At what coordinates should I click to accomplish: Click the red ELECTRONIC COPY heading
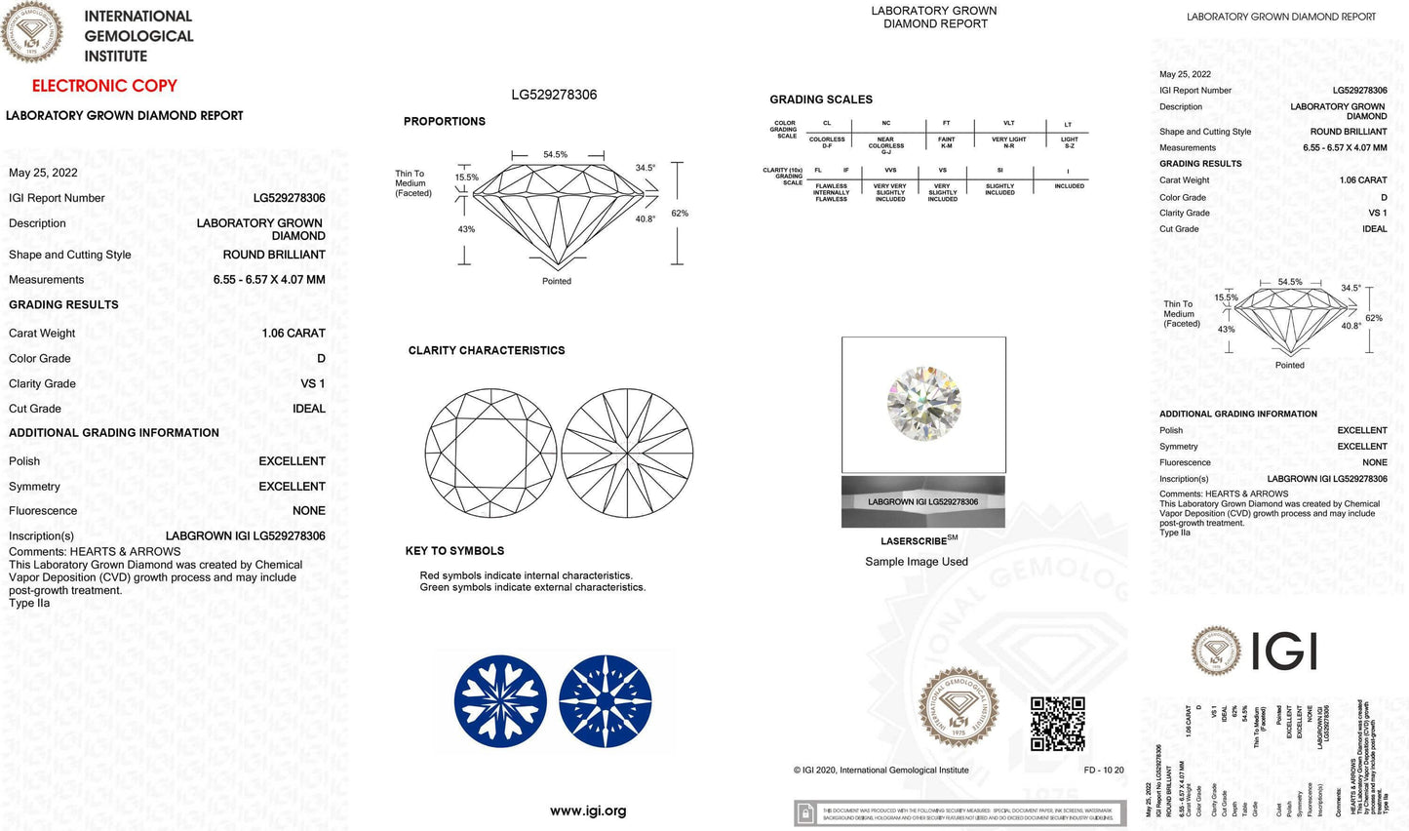pos(104,86)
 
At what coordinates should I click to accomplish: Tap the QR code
pos(1058,724)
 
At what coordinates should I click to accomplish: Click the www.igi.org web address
pos(588,811)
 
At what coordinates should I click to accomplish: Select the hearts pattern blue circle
pos(500,701)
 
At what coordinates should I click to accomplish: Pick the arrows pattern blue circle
pos(606,701)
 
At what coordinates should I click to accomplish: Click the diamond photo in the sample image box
pos(923,403)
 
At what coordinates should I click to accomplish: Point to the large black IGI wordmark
pos(1284,652)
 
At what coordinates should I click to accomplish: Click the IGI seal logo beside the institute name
pos(32,32)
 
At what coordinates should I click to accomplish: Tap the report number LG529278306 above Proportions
pos(554,95)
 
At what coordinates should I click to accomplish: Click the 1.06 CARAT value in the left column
pos(294,334)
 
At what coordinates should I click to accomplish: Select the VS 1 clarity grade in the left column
pos(313,384)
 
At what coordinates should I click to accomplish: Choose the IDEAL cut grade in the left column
pos(309,409)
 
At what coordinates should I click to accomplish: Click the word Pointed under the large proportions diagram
pos(557,281)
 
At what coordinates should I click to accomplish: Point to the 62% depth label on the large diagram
pos(680,214)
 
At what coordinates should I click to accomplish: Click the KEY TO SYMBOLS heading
pos(454,551)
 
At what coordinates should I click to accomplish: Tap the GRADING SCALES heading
pos(821,99)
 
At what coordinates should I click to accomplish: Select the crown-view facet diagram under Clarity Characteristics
pos(490,454)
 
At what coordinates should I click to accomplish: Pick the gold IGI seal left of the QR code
pos(959,707)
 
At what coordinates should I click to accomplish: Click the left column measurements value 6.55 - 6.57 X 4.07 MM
pos(269,280)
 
